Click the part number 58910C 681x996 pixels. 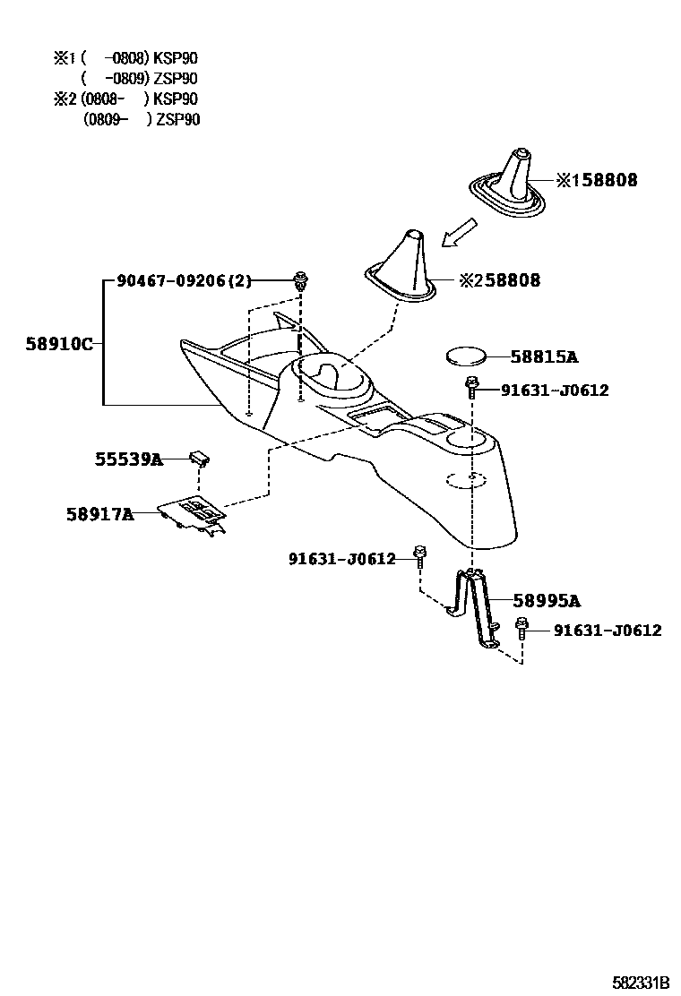point(58,344)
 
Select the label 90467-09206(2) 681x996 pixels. point(184,281)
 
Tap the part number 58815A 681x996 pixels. point(544,356)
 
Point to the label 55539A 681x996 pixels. point(129,459)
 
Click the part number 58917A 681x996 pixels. point(99,514)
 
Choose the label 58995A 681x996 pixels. point(547,601)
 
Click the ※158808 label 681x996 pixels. point(597,180)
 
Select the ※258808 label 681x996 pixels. point(500,280)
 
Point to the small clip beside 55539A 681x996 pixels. point(199,459)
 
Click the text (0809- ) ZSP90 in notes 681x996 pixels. point(142,119)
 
